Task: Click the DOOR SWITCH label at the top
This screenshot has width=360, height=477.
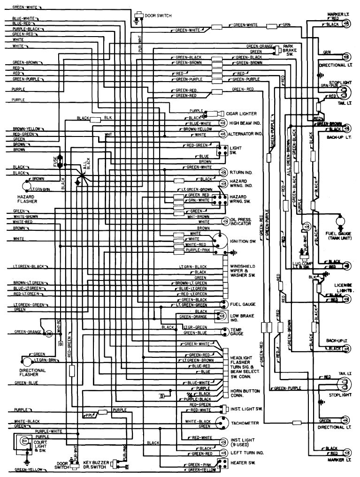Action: pyautogui.click(x=158, y=15)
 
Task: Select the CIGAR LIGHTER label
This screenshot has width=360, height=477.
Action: pyautogui.click(x=241, y=114)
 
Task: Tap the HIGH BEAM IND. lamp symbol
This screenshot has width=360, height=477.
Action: pyautogui.click(x=222, y=123)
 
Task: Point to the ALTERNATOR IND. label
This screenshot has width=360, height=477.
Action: pyautogui.click(x=245, y=134)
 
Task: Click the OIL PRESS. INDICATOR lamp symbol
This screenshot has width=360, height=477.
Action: pyautogui.click(x=226, y=221)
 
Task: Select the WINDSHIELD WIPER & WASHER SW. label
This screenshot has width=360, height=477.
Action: pyautogui.click(x=242, y=272)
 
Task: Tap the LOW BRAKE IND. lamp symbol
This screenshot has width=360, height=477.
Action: pyautogui.click(x=219, y=317)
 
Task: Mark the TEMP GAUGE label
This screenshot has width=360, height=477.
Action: pyautogui.click(x=237, y=332)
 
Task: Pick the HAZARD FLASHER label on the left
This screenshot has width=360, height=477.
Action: pyautogui.click(x=27, y=199)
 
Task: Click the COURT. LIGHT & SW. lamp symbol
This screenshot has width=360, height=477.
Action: pyautogui.click(x=21, y=442)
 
